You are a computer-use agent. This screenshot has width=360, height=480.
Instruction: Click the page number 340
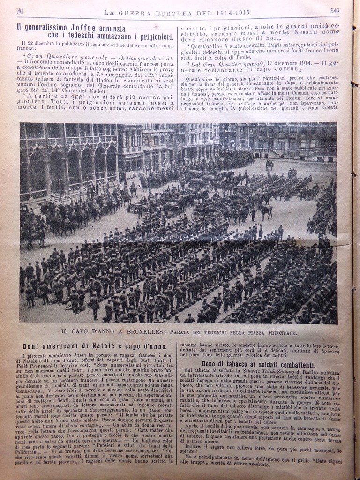point(335,10)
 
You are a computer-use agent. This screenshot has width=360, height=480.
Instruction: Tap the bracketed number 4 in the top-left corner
point(20,10)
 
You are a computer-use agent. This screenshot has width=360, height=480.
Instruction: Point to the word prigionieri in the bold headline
point(148,35)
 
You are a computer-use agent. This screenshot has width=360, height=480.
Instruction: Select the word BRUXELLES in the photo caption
point(128,332)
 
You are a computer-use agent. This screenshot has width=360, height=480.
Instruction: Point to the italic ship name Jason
point(71,357)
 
